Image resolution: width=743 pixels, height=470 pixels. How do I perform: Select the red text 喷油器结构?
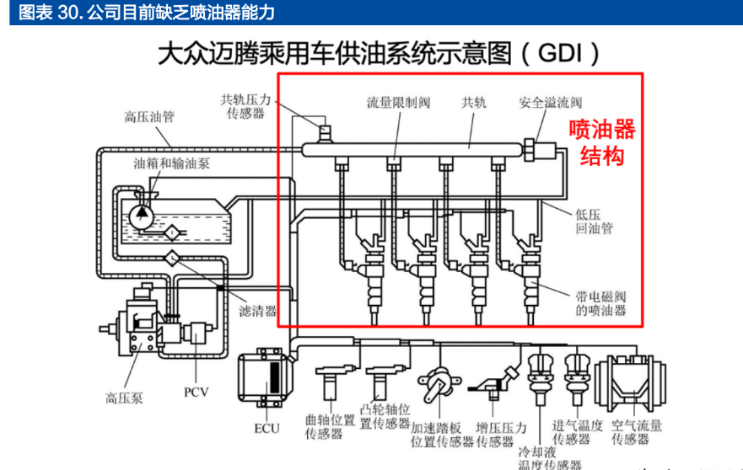coord(601,142)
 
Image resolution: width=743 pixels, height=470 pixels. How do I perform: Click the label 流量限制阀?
coord(398,103)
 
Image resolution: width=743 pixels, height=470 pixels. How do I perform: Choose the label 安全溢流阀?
coord(550,103)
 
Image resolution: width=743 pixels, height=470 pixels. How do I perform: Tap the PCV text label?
coord(196,393)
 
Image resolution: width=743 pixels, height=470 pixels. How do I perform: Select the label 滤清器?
coord(258,311)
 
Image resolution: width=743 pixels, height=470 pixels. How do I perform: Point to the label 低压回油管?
coord(595,222)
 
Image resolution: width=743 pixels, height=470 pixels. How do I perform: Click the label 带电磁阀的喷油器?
coord(600,303)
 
